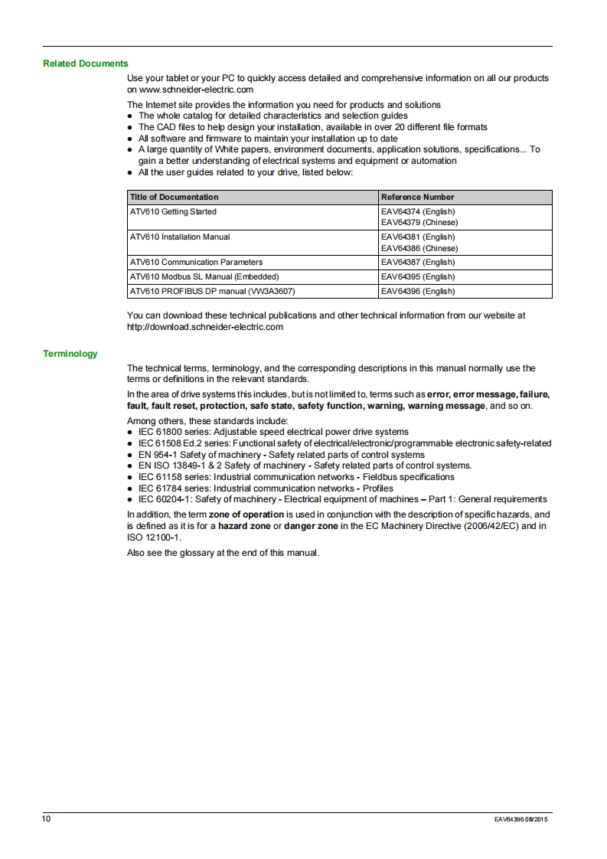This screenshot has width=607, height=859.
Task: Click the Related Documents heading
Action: pyautogui.click(x=86, y=64)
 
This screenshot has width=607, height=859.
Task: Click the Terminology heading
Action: pyautogui.click(x=70, y=354)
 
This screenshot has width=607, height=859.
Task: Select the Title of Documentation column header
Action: pyautogui.click(x=175, y=197)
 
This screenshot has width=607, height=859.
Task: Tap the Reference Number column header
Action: pyautogui.click(x=417, y=197)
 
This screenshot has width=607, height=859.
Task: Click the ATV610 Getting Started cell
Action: pyautogui.click(x=173, y=211)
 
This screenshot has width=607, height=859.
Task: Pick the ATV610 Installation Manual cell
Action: pyautogui.click(x=180, y=237)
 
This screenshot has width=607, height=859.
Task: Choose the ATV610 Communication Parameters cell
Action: pyautogui.click(x=196, y=262)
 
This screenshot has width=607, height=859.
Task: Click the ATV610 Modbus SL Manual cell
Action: pyautogui.click(x=204, y=276)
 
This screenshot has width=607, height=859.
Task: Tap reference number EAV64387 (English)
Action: pyautogui.click(x=418, y=262)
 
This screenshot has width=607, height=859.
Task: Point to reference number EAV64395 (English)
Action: pyautogui.click(x=418, y=276)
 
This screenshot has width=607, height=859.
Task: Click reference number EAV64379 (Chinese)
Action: pyautogui.click(x=419, y=222)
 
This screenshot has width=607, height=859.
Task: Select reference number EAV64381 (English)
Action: pyautogui.click(x=418, y=237)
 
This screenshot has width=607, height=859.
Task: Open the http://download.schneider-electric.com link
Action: pyautogui.click(x=205, y=327)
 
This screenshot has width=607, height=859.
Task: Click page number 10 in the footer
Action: pyautogui.click(x=47, y=819)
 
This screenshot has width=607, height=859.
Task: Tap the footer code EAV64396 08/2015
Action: pyautogui.click(x=521, y=820)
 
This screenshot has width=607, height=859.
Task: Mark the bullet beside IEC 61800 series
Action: pyautogui.click(x=131, y=433)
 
